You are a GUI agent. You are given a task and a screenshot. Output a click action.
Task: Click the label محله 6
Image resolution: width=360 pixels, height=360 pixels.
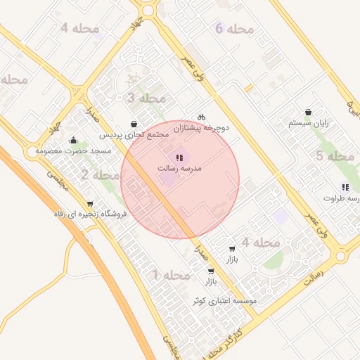click(234, 29)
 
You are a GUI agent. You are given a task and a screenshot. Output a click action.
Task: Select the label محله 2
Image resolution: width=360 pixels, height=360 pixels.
click(99, 174)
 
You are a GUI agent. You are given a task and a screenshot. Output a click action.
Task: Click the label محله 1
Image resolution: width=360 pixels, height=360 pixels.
click(171, 274)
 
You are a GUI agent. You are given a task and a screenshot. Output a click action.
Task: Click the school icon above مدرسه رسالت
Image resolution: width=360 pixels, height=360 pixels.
click(180, 157)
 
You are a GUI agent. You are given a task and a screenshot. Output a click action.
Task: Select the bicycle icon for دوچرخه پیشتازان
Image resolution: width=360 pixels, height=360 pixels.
click(201, 117)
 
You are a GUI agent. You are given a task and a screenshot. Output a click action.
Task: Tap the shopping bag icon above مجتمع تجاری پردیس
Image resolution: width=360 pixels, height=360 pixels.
click(134, 124)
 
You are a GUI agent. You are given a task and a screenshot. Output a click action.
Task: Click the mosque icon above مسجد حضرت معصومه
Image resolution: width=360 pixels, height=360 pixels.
click(74, 141)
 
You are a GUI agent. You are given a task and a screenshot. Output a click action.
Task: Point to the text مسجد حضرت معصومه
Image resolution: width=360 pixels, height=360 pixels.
click(70, 151)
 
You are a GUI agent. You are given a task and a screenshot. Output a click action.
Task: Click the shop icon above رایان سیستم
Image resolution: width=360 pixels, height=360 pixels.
click(309, 112)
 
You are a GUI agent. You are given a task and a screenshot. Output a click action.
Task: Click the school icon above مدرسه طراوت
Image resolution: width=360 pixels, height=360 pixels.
click(345, 186)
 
